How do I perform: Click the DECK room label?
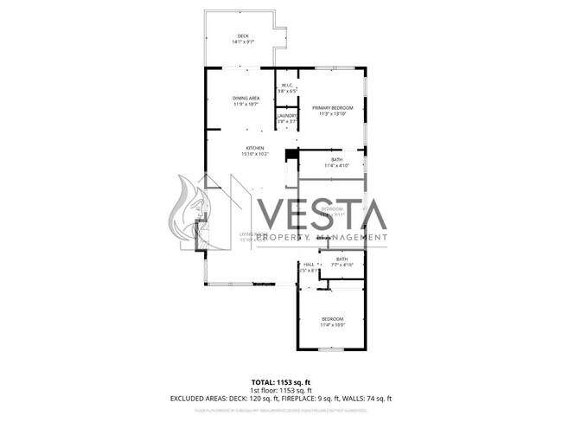pos(243,35)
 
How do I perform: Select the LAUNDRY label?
pos(287,116)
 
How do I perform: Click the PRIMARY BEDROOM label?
pos(332,107)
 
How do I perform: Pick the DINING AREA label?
pos(246,98)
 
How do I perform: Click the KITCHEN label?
pos(254,148)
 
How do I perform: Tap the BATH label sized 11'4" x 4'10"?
pos(335,159)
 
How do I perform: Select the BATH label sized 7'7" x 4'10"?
pos(342,259)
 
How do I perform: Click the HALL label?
pos(308,264)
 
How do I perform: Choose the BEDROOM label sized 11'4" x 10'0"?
pos(332,319)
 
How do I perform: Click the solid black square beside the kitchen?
pos(291,155)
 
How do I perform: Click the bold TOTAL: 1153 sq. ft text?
pos(281,381)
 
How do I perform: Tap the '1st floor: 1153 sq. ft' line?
pos(281,390)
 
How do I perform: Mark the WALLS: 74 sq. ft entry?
pos(370,399)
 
